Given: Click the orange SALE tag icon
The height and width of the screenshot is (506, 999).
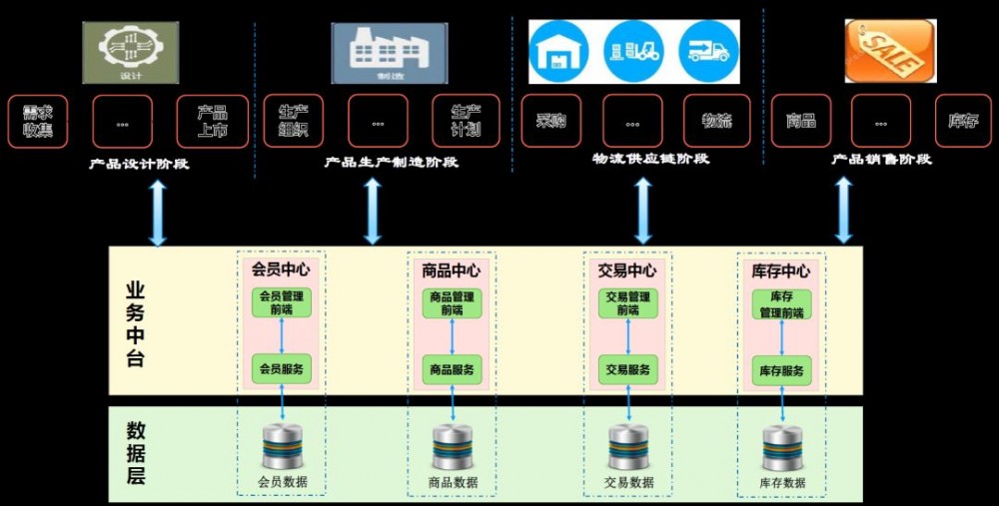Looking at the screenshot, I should coord(890,52).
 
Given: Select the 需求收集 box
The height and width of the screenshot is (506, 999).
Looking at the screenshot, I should coord(38,122).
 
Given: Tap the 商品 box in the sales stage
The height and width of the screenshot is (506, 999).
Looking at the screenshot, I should coord(801,122).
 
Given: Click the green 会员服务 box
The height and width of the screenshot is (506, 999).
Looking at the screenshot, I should coord(282,369).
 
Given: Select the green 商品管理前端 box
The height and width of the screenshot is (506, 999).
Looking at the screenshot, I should coord(452,303).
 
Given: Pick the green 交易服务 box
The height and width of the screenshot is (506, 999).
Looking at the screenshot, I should coord(628,369).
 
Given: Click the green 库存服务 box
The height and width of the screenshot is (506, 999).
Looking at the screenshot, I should coord(780,371).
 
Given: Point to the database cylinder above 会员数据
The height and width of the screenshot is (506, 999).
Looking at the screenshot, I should coord(282,446).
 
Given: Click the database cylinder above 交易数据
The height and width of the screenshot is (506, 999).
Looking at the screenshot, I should coord(628,446).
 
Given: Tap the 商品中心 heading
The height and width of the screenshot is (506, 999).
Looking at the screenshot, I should coord(452,270).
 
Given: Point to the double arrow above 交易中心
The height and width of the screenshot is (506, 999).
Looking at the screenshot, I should coord(643,211).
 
